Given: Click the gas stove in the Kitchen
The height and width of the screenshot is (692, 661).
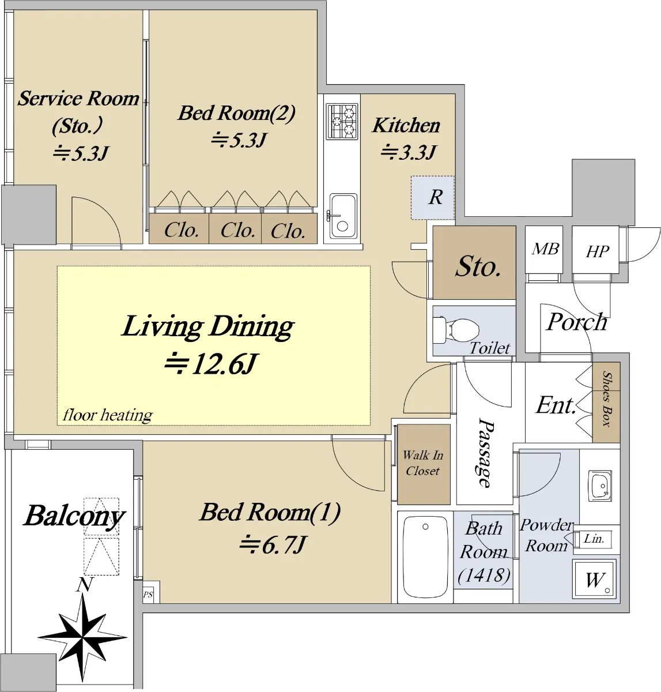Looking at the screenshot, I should point(341,121).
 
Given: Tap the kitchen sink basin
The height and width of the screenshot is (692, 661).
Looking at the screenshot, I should point(343,217).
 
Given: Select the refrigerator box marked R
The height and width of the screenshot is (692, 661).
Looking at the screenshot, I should point(433,197).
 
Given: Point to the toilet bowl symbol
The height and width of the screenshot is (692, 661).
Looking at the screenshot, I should point(459,331).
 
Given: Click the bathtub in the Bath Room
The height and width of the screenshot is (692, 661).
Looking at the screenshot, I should point(425,556).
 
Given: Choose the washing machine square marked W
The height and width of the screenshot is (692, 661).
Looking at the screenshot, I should point(595,580).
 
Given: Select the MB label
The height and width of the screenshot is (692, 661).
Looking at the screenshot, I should point(545,249).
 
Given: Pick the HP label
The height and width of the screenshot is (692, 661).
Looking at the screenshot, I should point(597,251).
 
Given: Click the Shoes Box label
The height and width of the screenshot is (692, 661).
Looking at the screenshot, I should point(606,399).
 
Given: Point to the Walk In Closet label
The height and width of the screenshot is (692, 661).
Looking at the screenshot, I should point(423,463).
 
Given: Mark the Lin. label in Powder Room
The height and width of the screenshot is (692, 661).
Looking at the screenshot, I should point(594,539).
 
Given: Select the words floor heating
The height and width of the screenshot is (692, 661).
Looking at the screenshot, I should point(108,415).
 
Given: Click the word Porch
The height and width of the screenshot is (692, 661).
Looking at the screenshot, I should point(576,322).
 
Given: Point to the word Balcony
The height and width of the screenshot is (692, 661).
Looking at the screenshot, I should point(74,516).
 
